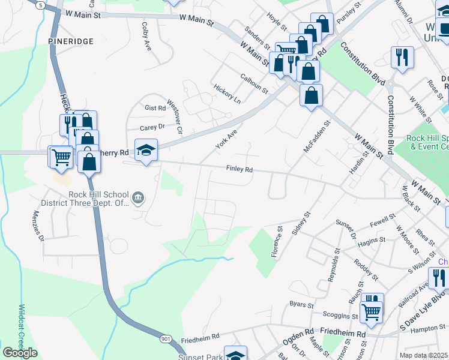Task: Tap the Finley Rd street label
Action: (x=239, y=169)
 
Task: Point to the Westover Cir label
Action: (x=175, y=117)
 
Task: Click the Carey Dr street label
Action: (x=152, y=127)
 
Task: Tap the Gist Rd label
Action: (x=155, y=108)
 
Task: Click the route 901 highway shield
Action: (x=166, y=339)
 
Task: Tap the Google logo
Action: (x=20, y=353)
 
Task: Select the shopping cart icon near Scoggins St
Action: (x=372, y=311)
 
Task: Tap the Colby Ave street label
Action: (x=146, y=37)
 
